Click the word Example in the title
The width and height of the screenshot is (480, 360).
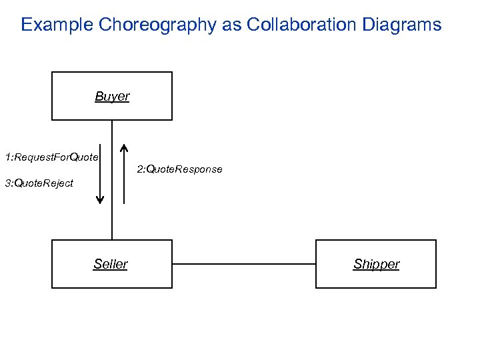click(57, 25)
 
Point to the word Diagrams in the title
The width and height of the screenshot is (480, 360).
click(403, 25)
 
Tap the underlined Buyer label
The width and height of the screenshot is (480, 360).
click(112, 97)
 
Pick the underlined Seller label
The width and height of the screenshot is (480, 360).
click(111, 265)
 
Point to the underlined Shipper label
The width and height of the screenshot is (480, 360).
click(376, 265)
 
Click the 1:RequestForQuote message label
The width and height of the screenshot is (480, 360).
click(51, 157)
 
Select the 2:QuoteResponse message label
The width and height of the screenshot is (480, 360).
click(179, 169)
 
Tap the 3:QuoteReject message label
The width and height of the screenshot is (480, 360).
click(39, 183)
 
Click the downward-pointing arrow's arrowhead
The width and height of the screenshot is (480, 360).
click(100, 199)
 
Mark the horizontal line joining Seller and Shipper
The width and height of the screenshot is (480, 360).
click(243, 264)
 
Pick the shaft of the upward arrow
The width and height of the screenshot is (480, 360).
click(124, 177)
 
